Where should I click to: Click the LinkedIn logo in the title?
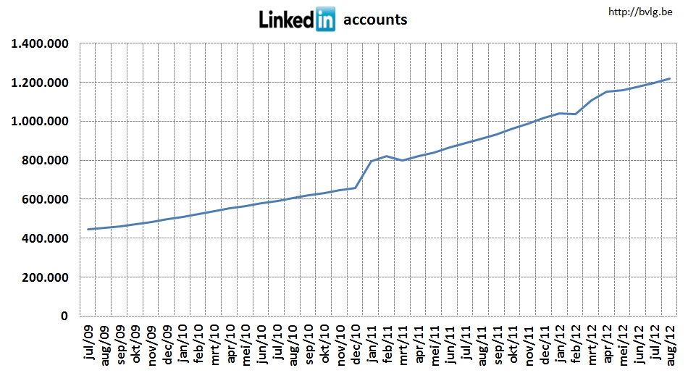pos(297,20)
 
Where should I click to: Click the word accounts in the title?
pos(375,20)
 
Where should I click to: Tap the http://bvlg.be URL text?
pos(642,12)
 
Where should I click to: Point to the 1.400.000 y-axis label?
pos(40,43)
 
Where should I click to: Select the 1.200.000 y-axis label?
pos(40,83)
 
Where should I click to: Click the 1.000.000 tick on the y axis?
pos(40,122)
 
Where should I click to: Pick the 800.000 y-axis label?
pos(46,161)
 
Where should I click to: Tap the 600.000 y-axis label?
pos(46,200)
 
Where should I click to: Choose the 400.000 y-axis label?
pos(46,239)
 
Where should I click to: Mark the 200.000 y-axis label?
pos(46,278)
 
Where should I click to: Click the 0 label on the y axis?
pos(64,317)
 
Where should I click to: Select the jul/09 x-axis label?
pos(89,343)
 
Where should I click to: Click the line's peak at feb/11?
pos(387,156)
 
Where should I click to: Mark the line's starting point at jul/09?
pos(88,230)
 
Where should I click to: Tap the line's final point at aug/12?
pos(670,78)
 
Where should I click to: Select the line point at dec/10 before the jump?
pos(355,188)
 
